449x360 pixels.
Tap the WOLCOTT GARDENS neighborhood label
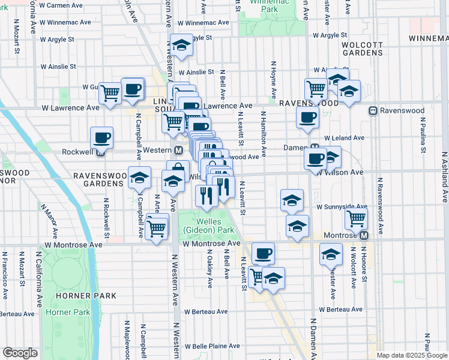coord(362,49)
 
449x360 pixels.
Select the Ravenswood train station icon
coord(373,110)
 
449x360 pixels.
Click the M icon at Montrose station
coord(363,235)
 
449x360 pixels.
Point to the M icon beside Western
coord(178,149)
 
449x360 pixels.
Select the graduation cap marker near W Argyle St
coord(181,45)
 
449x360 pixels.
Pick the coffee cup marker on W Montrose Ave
coord(263,253)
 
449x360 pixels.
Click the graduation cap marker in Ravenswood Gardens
coord(139,178)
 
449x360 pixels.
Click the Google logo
coord(20,353)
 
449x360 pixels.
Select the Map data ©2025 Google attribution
coord(411,355)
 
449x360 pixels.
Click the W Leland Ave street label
coord(345,137)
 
